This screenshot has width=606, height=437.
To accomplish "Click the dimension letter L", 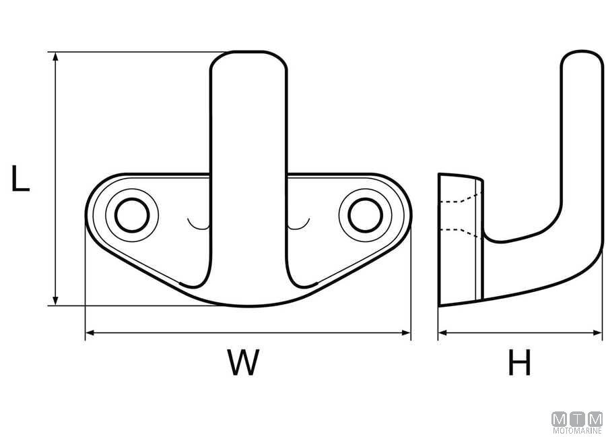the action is pos(20,179).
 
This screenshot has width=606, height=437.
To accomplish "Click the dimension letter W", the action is pos(243,361).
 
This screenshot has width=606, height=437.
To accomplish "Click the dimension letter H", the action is pos(519,362).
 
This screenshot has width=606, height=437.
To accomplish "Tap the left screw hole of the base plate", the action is pos(132,215).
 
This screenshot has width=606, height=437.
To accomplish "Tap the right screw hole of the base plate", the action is pos(365,215).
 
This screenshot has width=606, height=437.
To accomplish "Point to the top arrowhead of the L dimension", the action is pos(55,57).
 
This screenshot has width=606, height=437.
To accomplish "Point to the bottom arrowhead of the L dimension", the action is pos(55,301).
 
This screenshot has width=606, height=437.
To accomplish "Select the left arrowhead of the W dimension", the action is pos(90,332).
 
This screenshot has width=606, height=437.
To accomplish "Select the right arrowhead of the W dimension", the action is pos(406,332).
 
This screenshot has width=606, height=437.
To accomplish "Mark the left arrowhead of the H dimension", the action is pos(443,332).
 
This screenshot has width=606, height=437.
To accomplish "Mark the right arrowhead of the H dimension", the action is pos(597,332).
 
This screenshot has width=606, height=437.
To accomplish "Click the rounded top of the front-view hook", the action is pos(249,52).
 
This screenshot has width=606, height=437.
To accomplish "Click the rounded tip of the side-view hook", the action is pos(582,51).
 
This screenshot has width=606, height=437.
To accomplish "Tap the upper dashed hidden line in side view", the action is pos(460,200).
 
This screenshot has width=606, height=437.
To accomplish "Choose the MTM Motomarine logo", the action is pos(577,422).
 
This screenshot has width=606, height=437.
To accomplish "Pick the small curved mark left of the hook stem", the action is pos(198,227).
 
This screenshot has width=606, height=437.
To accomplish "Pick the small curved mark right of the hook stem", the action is pos(299,227).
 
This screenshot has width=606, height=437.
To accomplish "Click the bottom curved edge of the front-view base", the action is pos(249,305).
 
